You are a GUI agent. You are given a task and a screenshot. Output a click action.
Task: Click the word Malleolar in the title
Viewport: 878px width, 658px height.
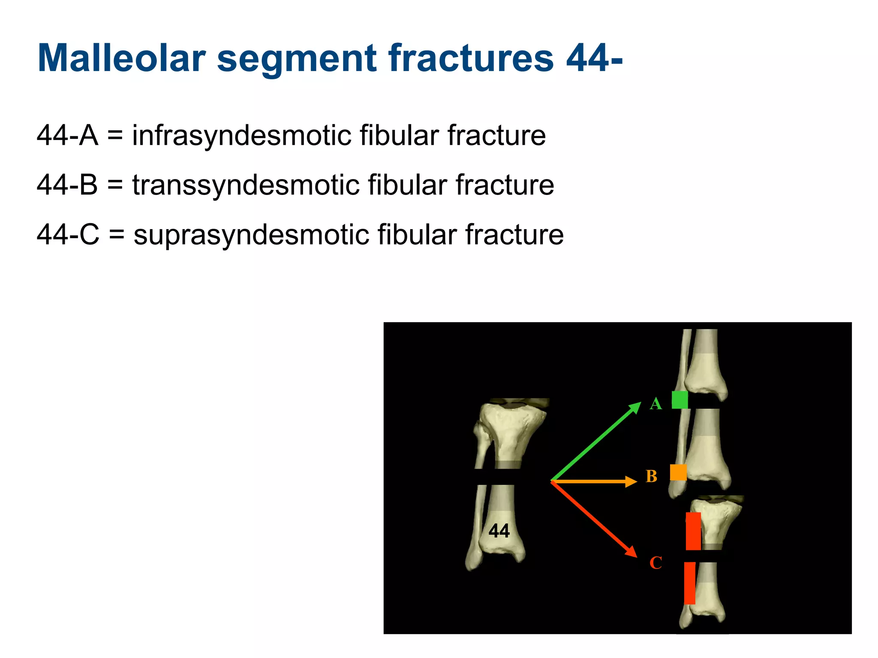(x=122, y=58)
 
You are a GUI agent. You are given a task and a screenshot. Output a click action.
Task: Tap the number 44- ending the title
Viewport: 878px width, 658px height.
(x=594, y=58)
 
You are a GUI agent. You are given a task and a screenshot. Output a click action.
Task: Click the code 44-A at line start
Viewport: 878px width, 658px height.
(x=67, y=136)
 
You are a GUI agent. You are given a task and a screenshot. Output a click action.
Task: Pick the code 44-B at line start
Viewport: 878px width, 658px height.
(x=67, y=185)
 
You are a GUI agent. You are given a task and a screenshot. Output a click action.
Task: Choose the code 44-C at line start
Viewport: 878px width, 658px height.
(x=68, y=235)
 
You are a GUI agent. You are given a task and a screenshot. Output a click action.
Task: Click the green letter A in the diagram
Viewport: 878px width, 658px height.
(x=655, y=404)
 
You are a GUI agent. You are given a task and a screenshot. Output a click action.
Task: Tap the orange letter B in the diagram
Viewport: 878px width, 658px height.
(x=651, y=476)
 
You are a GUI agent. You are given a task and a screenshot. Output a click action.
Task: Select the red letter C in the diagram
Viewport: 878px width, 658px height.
(x=655, y=563)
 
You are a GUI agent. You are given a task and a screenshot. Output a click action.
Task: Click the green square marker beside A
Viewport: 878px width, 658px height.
(x=680, y=400)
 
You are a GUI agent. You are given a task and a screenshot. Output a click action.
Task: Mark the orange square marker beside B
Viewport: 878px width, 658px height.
(x=678, y=473)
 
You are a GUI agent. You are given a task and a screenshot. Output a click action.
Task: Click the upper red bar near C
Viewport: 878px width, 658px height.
(x=693, y=531)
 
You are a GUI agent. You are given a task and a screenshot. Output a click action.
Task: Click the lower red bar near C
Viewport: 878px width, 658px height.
(x=689, y=583)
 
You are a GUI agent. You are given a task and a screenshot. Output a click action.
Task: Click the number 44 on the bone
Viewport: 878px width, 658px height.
(x=499, y=531)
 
